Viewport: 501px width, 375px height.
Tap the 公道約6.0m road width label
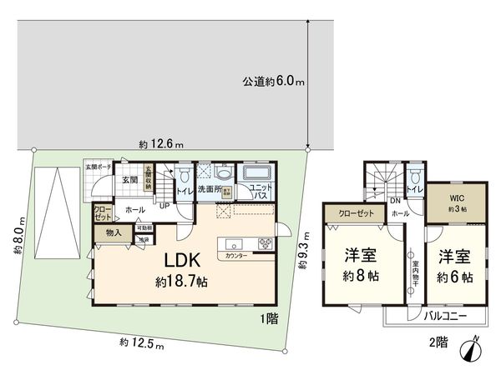coord(274,82)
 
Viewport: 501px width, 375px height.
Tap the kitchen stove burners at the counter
coord(265,244)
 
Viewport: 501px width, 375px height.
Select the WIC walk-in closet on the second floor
coord(454,202)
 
